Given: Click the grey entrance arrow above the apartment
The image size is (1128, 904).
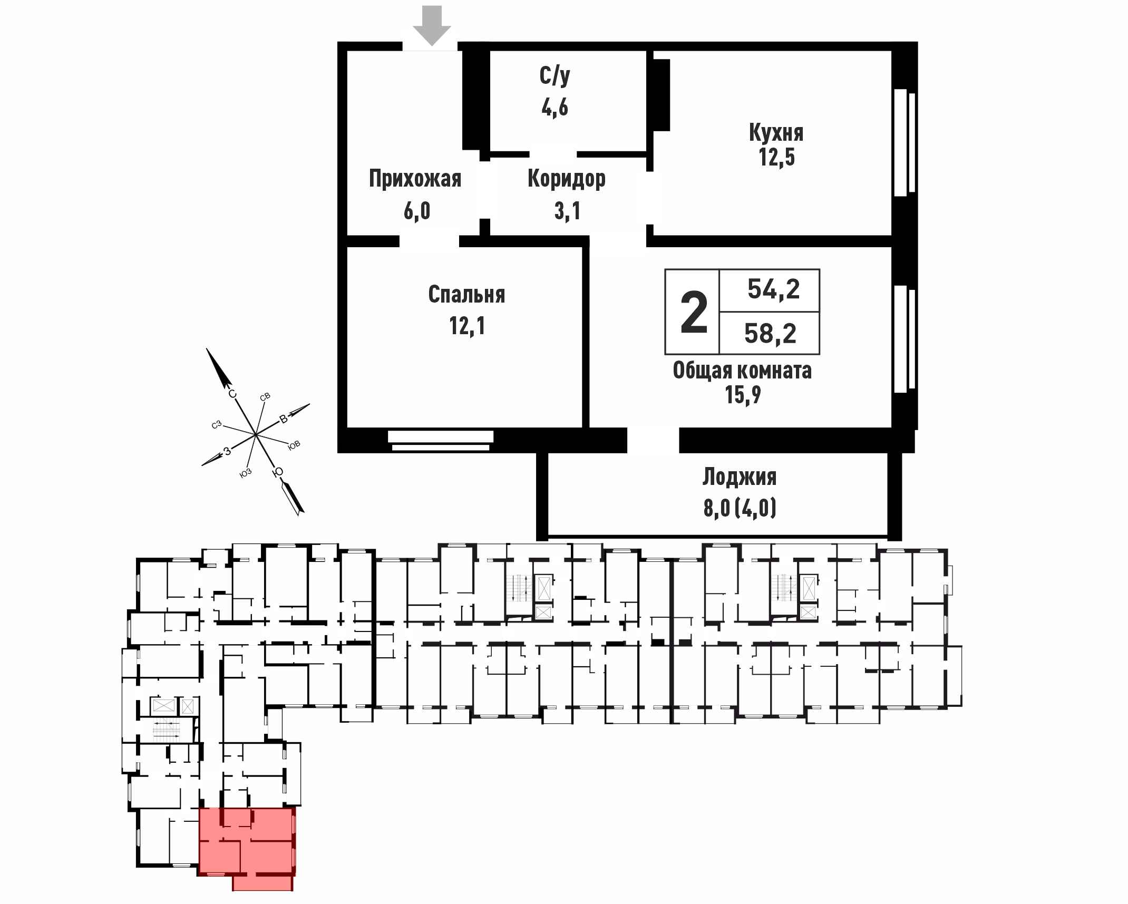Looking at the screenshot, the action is pos(432,28).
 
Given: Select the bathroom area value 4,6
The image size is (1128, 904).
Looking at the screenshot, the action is pos(555,108).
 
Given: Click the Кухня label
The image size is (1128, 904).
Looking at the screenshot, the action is pos(776,133).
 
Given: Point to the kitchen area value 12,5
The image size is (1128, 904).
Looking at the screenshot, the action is pos(777,157).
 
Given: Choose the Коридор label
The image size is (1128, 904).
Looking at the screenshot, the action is pos(567,179).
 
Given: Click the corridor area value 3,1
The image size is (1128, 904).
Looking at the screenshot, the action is pos(568,211).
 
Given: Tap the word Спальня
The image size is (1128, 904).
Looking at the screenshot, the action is pos(466,295).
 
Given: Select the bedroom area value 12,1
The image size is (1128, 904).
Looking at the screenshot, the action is pos(467,326).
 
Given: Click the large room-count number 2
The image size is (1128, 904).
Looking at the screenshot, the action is pos(694,313).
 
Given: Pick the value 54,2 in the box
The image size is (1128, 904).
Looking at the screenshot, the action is pos(774,289).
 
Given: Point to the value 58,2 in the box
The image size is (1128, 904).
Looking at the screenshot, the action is pos(770,334).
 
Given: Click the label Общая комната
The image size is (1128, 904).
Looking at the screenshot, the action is pos(742,371).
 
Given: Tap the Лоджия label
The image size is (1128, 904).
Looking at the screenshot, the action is pos(740,477).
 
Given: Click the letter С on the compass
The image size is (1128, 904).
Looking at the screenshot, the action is pos(232,394).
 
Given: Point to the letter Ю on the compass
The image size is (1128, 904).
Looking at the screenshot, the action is pos(278,472).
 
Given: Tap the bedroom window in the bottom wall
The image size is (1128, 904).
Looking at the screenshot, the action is pos(441,441).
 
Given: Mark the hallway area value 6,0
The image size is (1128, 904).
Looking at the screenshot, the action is pos(417,211).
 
